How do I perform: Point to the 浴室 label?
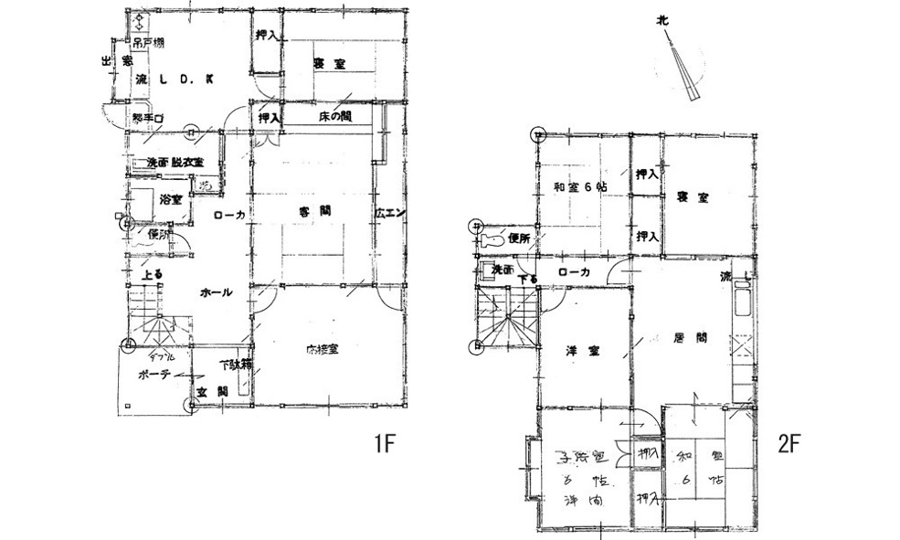tap(171, 198)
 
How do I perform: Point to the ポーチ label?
tap(155, 375)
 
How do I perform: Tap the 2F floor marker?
tap(789, 445)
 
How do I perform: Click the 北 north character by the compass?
tap(662, 19)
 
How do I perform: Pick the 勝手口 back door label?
tap(146, 119)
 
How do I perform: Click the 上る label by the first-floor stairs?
tap(152, 273)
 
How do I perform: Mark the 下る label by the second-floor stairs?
tap(527, 279)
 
